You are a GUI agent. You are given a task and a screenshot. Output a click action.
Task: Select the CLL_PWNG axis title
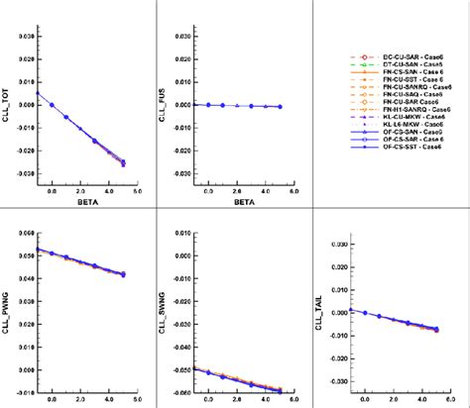[10, 294]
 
